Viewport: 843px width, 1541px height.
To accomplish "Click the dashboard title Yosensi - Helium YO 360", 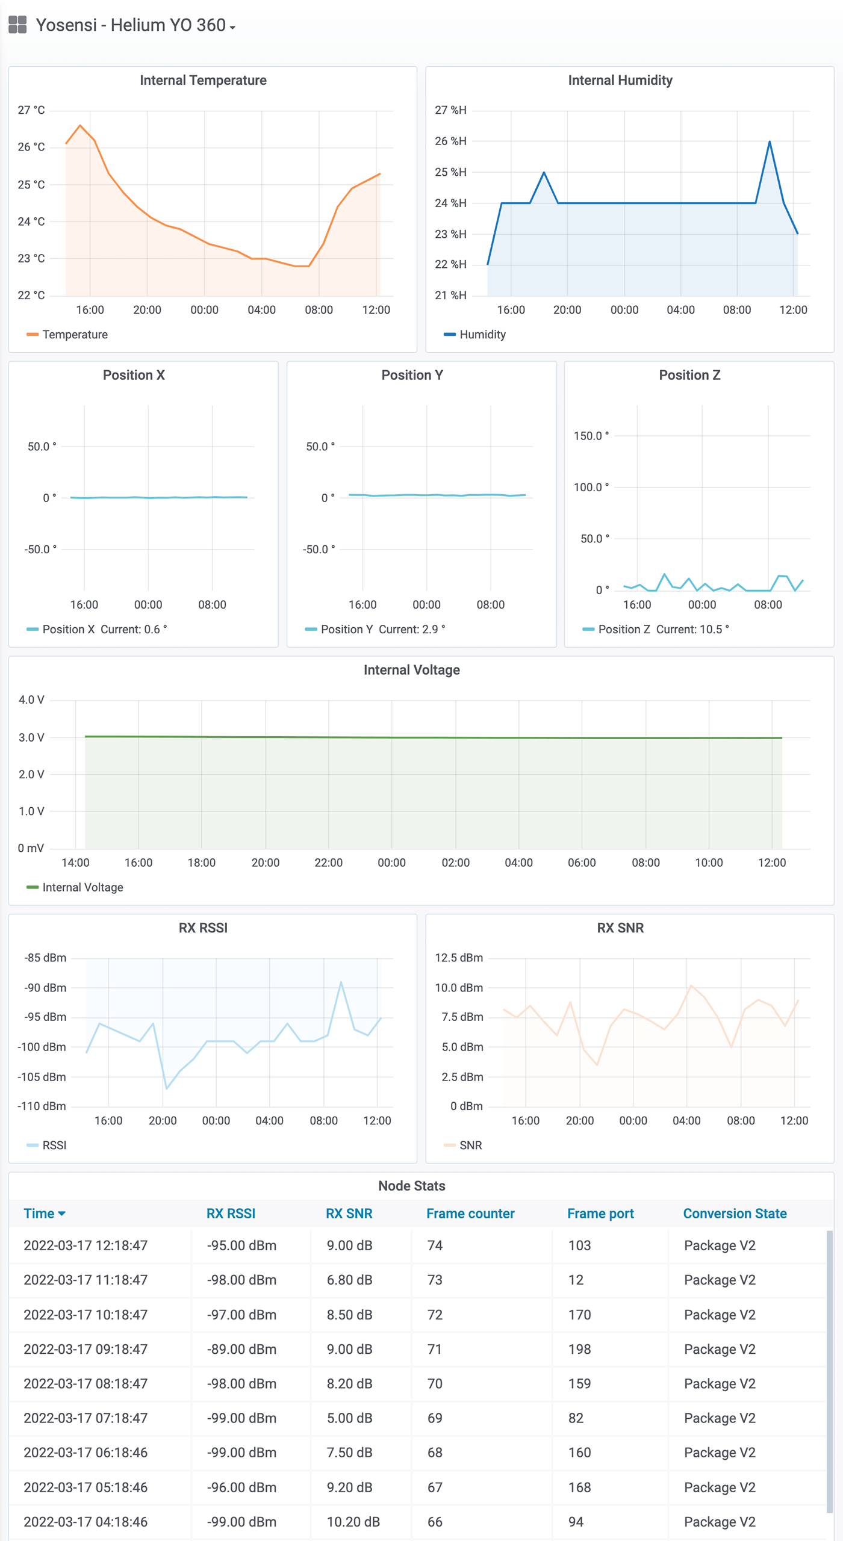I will tap(130, 25).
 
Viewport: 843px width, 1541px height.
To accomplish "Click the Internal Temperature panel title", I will tap(203, 80).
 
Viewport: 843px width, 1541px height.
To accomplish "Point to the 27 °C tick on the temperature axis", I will tap(31, 110).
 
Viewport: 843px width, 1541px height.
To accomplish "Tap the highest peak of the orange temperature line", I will tap(80, 125).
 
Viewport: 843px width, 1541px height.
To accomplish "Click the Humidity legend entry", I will tap(482, 335).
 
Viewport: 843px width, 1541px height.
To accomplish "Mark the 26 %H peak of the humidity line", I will tap(770, 141).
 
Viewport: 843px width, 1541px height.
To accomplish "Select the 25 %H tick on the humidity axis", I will tap(450, 172).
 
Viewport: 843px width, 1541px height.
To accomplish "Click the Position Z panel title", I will tap(689, 375).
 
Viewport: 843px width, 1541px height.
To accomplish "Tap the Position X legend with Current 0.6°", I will tap(104, 630).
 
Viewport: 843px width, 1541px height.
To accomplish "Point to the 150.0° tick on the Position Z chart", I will tap(591, 436).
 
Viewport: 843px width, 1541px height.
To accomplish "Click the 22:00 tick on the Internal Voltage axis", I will tap(328, 863).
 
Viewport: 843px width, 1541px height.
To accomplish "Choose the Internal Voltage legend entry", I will tap(82, 887).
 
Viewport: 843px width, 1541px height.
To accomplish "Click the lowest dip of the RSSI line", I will tap(167, 1088).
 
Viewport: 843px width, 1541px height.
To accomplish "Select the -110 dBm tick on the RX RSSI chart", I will tap(42, 1106).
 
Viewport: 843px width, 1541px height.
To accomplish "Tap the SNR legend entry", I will tap(470, 1145).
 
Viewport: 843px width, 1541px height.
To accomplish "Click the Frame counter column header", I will tap(470, 1214).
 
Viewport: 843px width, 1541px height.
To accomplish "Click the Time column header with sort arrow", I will tap(44, 1214).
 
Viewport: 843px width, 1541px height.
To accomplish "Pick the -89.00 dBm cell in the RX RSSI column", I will tap(241, 1349).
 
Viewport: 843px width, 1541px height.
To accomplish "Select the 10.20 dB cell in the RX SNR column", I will tap(353, 1522).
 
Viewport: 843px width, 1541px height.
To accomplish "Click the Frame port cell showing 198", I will tap(579, 1349).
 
